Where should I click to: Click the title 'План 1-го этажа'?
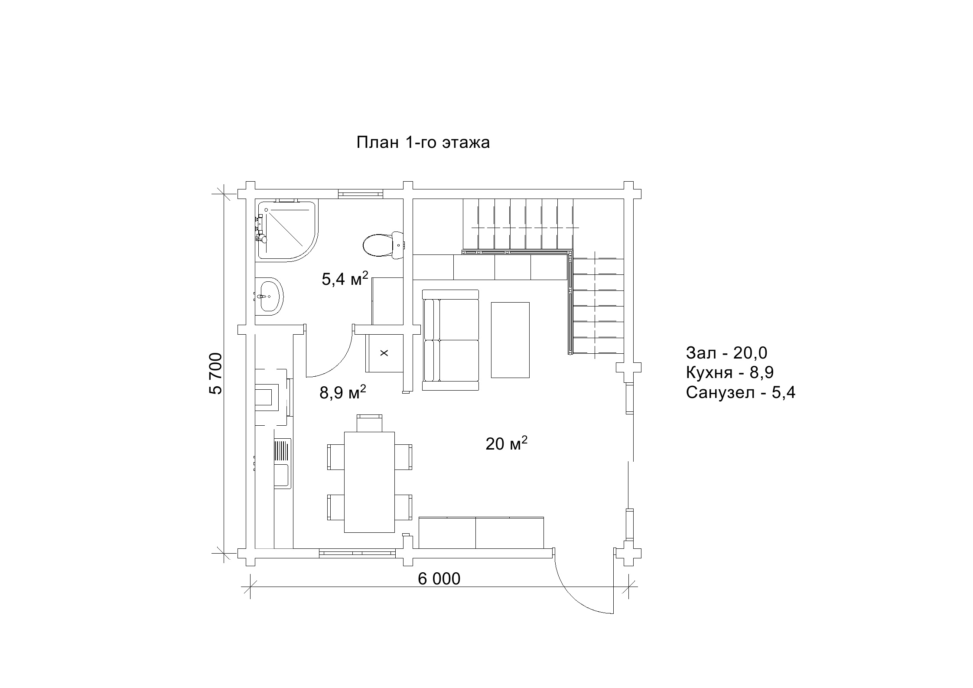(x=423, y=142)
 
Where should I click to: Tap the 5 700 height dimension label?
(x=215, y=373)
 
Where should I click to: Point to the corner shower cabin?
(x=286, y=230)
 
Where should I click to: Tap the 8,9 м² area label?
(x=343, y=392)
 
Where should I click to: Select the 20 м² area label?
(x=506, y=443)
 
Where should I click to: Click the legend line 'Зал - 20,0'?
(x=726, y=353)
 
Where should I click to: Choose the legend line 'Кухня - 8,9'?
(x=730, y=372)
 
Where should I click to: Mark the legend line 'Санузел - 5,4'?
(x=741, y=393)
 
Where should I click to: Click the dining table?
(x=369, y=482)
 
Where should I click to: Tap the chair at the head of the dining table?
(x=369, y=423)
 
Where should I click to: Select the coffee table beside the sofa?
(x=510, y=340)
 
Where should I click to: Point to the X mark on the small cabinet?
(x=384, y=353)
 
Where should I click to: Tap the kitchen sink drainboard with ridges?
(x=282, y=451)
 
